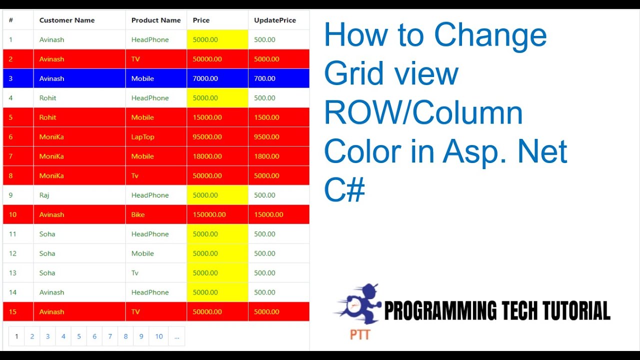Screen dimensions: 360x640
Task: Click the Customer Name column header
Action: point(67,20)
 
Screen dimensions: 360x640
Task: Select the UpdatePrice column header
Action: point(275,20)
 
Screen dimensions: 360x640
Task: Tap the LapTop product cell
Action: point(143,137)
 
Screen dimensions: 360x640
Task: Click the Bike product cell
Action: point(138,215)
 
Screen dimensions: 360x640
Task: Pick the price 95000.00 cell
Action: point(207,137)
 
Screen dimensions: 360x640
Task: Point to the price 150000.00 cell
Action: point(209,215)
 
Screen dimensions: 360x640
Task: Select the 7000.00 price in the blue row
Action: point(205,78)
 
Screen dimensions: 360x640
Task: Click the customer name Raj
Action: point(44,195)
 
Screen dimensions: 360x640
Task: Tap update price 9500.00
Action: point(266,137)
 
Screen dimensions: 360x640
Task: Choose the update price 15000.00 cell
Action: point(268,215)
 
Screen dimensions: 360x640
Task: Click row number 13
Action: point(12,273)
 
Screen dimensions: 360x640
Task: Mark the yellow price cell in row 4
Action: point(217,98)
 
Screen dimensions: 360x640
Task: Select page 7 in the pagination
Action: point(110,336)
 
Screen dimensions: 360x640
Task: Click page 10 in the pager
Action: point(159,336)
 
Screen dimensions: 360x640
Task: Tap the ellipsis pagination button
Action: point(176,336)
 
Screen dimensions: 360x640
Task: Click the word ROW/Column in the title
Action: point(423,113)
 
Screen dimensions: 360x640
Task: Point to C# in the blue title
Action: point(344,190)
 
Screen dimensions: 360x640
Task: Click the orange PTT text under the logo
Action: point(360,334)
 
